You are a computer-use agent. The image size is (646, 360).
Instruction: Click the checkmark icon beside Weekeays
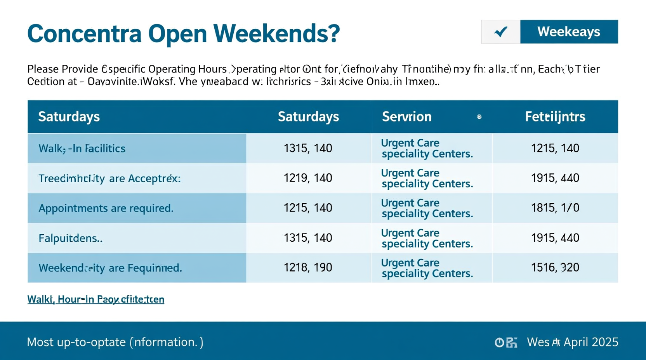click(501, 32)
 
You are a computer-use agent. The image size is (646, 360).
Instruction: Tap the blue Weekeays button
click(569, 32)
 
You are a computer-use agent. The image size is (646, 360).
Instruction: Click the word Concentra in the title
click(84, 34)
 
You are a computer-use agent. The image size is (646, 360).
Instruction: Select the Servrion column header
click(406, 117)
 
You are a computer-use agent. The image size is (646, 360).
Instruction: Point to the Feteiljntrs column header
click(555, 117)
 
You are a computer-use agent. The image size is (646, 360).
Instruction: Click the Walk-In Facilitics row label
click(82, 149)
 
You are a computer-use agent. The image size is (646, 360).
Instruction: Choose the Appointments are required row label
click(106, 208)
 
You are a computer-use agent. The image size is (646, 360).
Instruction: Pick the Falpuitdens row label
click(70, 238)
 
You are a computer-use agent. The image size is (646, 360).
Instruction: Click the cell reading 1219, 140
click(308, 178)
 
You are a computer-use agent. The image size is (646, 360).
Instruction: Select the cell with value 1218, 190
click(308, 268)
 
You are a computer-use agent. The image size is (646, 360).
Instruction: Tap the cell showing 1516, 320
click(555, 268)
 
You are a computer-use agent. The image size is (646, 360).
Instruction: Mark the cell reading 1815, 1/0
click(555, 208)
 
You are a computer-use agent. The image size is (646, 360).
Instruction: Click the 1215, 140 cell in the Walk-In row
click(555, 148)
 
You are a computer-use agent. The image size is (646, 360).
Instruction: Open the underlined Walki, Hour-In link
click(96, 299)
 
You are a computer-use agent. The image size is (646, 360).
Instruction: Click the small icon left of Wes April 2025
click(506, 343)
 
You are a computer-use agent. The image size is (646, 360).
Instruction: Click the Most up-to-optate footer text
click(115, 342)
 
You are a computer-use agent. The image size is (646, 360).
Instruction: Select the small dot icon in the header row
click(479, 117)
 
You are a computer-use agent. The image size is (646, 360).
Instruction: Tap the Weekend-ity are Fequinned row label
click(110, 268)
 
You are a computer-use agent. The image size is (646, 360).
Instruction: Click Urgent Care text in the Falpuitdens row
click(410, 233)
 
